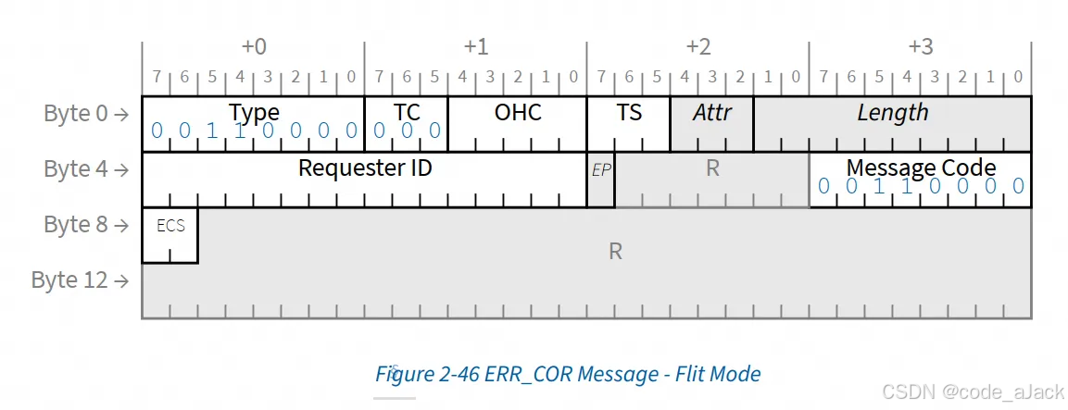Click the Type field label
pyautogui.click(x=254, y=112)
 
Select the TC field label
pyautogui.click(x=407, y=112)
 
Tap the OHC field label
pyautogui.click(x=518, y=112)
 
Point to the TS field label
pyautogui.click(x=629, y=112)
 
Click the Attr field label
pyautogui.click(x=711, y=112)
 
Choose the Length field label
pyautogui.click(x=892, y=112)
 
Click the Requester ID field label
pyautogui.click(x=365, y=168)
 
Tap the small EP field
pyautogui.click(x=601, y=170)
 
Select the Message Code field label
pyautogui.click(x=921, y=168)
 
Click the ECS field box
pyautogui.click(x=170, y=227)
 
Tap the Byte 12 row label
pyautogui.click(x=80, y=280)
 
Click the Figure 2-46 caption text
pyautogui.click(x=568, y=374)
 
